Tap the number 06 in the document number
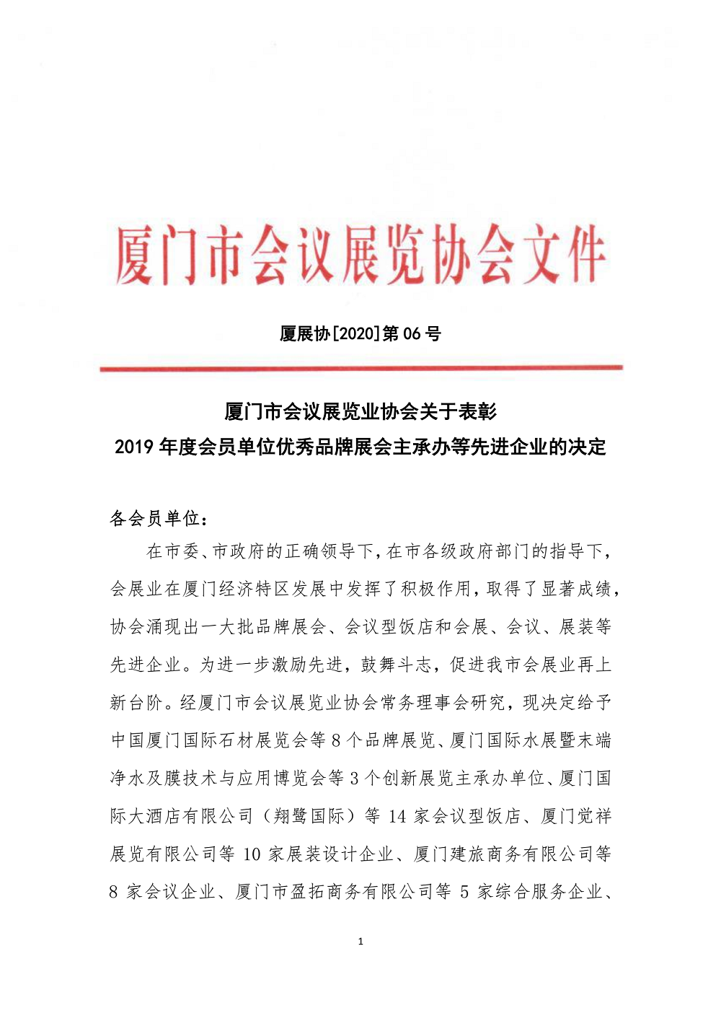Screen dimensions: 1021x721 click(411, 334)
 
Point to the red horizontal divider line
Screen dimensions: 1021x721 click(360, 369)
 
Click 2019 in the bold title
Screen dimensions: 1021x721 click(134, 447)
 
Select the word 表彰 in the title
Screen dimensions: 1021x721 click(477, 412)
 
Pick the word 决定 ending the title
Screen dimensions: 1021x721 click(587, 447)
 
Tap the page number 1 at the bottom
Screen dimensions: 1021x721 click(360, 941)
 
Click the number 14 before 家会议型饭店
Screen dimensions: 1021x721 click(397, 816)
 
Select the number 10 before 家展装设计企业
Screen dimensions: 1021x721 click(252, 854)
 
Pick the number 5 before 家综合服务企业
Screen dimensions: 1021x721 click(464, 892)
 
